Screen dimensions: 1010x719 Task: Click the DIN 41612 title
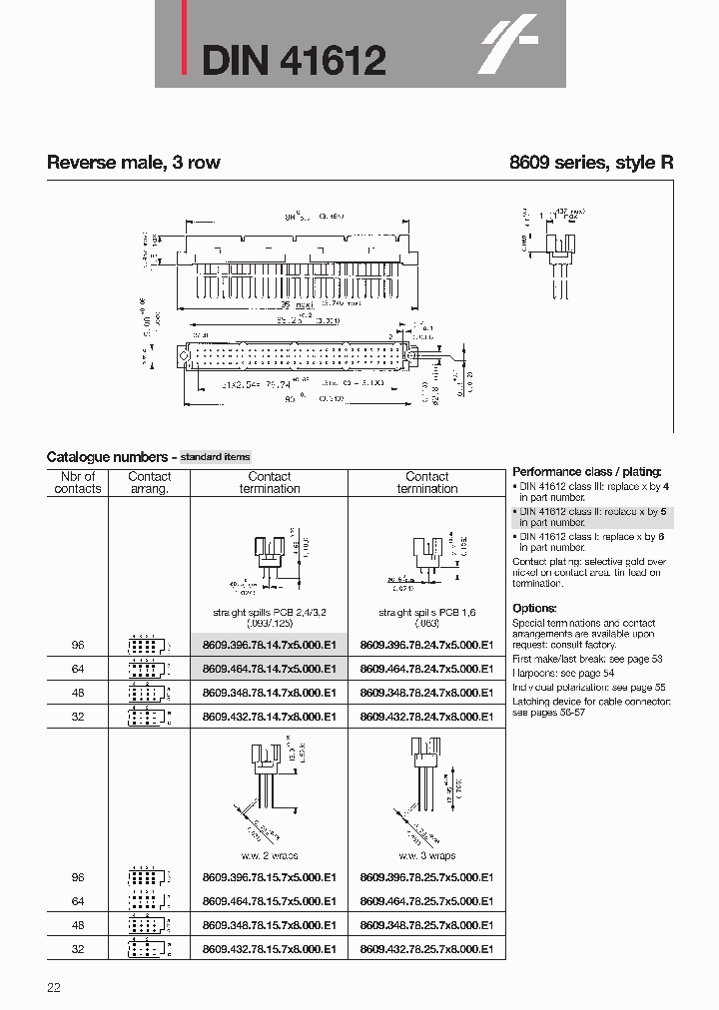294,62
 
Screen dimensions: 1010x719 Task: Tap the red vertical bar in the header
183,45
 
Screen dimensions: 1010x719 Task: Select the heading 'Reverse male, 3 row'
134,163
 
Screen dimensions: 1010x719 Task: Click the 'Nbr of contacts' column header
78,483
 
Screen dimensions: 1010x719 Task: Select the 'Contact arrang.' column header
150,483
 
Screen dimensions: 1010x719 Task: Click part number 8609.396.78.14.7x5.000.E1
269,645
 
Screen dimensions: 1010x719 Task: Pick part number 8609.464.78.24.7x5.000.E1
426,669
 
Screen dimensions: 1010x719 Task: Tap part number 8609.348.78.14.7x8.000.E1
269,693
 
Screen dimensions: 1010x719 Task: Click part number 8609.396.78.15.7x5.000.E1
269,877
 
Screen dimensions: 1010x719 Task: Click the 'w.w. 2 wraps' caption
269,855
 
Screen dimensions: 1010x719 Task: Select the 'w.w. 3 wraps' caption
426,855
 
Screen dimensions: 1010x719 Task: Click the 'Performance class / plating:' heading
586,471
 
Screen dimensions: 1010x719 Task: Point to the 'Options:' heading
534,608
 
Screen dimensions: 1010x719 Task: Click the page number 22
54,988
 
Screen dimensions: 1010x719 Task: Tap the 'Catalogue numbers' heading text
109,456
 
